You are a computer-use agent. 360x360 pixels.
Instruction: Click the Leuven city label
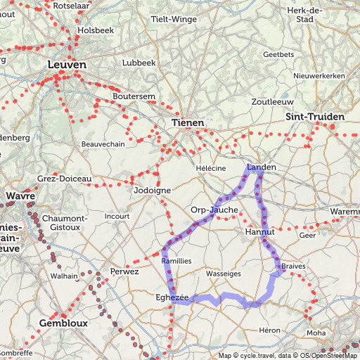pos(67,65)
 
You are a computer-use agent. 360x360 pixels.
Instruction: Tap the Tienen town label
pos(188,123)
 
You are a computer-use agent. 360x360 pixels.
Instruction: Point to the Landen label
pos(262,167)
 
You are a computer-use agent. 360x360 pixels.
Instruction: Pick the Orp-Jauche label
pos(214,210)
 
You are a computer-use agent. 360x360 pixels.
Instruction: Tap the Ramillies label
pos(176,261)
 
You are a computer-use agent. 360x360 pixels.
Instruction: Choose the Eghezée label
pos(172,298)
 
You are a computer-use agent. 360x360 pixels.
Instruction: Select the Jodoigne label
pos(153,191)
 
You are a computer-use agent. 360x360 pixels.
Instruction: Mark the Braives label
pos(293,267)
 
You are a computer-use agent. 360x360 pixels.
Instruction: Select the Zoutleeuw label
pos(271,101)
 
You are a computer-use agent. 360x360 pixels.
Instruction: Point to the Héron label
pos(269,330)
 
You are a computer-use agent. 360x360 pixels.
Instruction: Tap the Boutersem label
pos(134,96)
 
